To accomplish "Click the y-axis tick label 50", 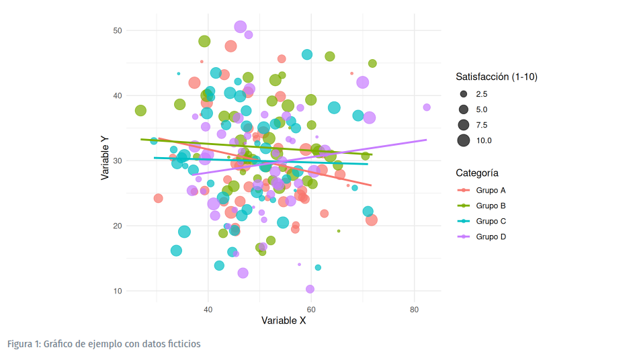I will pyautogui.click(x=117, y=30).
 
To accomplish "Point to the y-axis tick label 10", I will pyautogui.click(x=117, y=291).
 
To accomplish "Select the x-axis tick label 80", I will pyautogui.click(x=415, y=309).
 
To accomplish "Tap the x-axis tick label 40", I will pyautogui.click(x=208, y=309).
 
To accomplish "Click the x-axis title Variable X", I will pyautogui.click(x=284, y=321).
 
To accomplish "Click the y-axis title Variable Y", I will pyautogui.click(x=105, y=159).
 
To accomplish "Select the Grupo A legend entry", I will pyautogui.click(x=491, y=190).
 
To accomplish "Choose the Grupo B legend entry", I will pyautogui.click(x=491, y=206).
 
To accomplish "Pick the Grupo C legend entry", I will pyautogui.click(x=491, y=221).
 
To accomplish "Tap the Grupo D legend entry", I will pyautogui.click(x=491, y=236).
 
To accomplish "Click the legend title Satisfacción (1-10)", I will pyautogui.click(x=496, y=77).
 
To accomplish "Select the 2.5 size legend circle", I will pyautogui.click(x=464, y=94).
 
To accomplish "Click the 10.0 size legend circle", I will pyautogui.click(x=464, y=140).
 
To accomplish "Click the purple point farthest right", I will pyautogui.click(x=427, y=107).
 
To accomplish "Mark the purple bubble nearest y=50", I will pyautogui.click(x=241, y=27).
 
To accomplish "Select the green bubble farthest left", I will pyautogui.click(x=140, y=111).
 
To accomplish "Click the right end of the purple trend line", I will pyautogui.click(x=427, y=140).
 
